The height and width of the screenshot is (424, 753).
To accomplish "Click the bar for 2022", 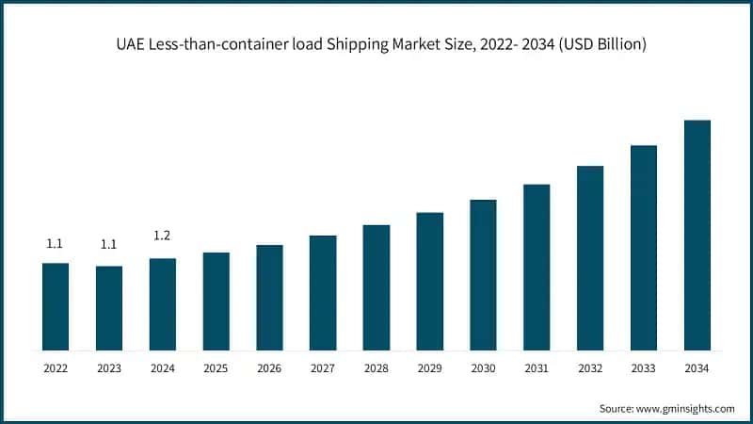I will pyautogui.click(x=56, y=306).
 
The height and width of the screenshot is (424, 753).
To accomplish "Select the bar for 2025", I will pyautogui.click(x=216, y=302).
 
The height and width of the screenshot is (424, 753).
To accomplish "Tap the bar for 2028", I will pyautogui.click(x=376, y=287).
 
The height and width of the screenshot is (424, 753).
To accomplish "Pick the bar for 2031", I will pyautogui.click(x=537, y=267).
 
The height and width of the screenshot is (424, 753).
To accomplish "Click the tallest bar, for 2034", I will pyautogui.click(x=697, y=236).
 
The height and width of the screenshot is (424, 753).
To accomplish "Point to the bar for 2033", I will pyautogui.click(x=643, y=248).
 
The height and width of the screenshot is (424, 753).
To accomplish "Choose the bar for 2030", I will pyautogui.click(x=483, y=275).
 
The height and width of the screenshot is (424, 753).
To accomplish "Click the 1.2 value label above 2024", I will pyautogui.click(x=162, y=236).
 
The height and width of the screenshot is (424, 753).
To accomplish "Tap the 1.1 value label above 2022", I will pyautogui.click(x=56, y=244).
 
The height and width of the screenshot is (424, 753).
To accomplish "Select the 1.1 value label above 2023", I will pyautogui.click(x=109, y=244).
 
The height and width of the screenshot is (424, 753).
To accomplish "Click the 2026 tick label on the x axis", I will pyautogui.click(x=269, y=368).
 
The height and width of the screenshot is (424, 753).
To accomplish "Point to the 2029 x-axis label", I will pyautogui.click(x=429, y=368).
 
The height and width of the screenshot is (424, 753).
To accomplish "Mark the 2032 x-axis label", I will pyautogui.click(x=590, y=368).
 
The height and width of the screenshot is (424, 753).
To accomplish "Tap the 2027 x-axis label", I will pyautogui.click(x=323, y=368).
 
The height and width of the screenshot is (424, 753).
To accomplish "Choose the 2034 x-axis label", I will pyautogui.click(x=697, y=368).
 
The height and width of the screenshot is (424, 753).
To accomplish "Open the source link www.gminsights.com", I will pyautogui.click(x=685, y=408).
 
